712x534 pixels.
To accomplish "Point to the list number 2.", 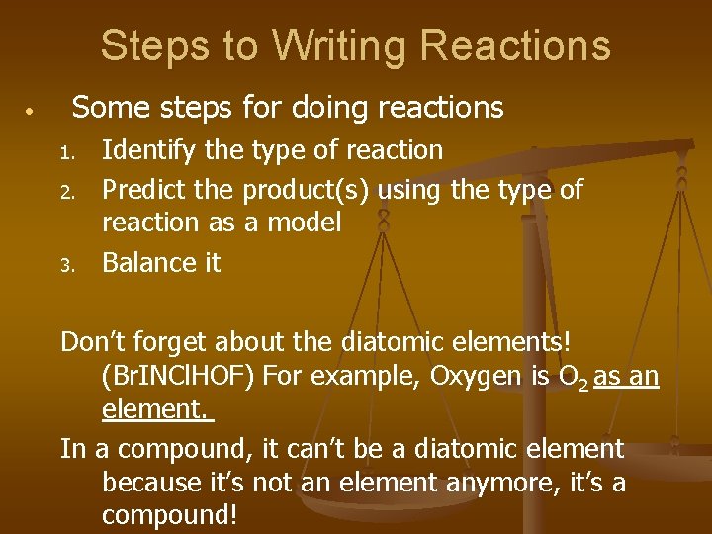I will pyautogui.click(x=66, y=190).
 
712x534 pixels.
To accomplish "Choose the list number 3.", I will pyautogui.click(x=66, y=265).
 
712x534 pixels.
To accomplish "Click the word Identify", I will pyautogui.click(x=149, y=151).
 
